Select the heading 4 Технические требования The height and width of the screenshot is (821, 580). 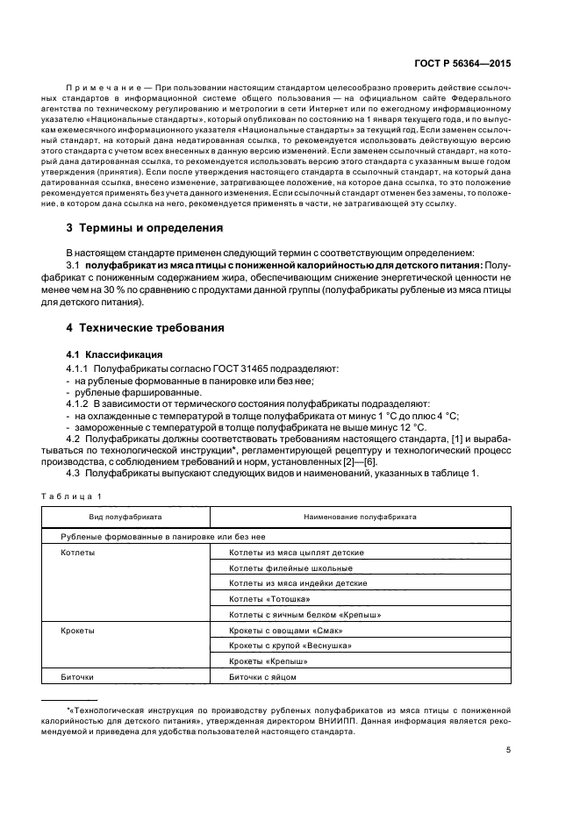click(x=146, y=328)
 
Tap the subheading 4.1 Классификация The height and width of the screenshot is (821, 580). click(x=107, y=354)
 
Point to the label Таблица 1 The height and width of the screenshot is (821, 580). click(x=71, y=496)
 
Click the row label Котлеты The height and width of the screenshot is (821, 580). click(x=78, y=553)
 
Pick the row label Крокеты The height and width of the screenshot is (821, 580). click(x=78, y=631)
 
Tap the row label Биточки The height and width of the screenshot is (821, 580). click(x=78, y=677)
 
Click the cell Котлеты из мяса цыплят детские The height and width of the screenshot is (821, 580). click(x=296, y=553)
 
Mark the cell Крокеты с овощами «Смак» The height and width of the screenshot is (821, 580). click(x=285, y=631)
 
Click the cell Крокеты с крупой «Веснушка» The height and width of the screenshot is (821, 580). click(x=290, y=646)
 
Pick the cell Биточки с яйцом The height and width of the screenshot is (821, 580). click(x=262, y=677)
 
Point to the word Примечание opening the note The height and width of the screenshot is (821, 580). click(x=104, y=89)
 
